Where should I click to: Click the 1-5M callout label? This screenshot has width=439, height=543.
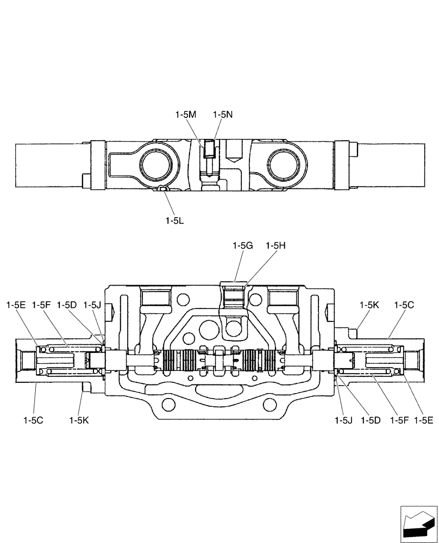(x=185, y=115)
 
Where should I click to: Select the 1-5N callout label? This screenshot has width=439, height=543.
(x=223, y=115)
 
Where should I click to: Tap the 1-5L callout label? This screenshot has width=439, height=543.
(x=174, y=220)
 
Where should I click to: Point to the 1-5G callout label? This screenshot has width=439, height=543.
(x=242, y=245)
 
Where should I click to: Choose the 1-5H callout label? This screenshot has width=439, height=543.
(x=276, y=245)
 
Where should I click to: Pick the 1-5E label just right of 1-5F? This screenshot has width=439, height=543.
(x=423, y=419)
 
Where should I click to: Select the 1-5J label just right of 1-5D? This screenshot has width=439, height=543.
(x=92, y=305)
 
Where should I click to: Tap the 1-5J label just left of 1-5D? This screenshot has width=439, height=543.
(x=343, y=419)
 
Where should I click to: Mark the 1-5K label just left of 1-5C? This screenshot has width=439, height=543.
(x=369, y=305)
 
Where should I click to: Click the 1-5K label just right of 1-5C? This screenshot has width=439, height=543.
(x=79, y=419)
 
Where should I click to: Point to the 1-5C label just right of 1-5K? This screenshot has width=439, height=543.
(x=404, y=305)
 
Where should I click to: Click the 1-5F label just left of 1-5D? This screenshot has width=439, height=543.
(x=41, y=305)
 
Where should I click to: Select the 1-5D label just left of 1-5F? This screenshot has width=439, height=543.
(x=370, y=419)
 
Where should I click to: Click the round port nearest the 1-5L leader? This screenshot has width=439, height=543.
(x=158, y=165)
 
